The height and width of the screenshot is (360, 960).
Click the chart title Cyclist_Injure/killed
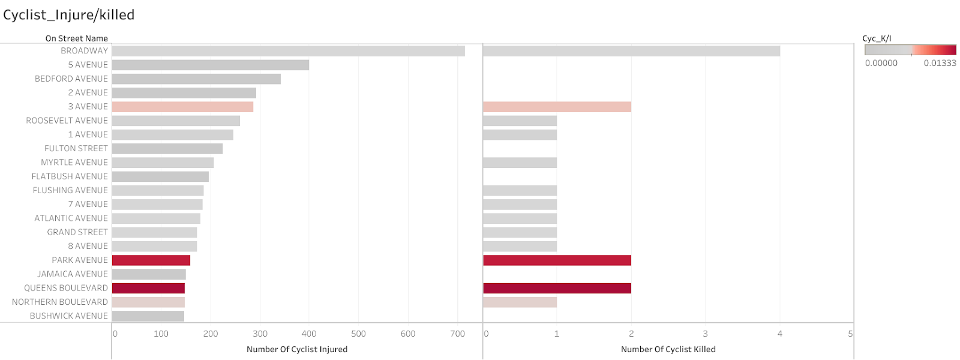pos(68,15)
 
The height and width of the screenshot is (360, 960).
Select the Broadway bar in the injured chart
pos(288,51)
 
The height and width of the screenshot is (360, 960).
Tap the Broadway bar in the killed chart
pos(631,51)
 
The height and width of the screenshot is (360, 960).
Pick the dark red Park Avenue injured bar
pos(151,260)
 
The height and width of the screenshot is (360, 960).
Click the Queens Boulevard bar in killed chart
pos(557,288)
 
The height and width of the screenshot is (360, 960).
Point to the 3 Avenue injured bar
pos(182,107)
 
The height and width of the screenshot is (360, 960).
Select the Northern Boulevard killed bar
pos(520,302)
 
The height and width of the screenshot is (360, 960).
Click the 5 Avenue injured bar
pos(210,65)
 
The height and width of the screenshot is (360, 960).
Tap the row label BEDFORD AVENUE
pos(71,79)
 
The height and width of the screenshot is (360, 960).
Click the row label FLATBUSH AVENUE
pos(70,176)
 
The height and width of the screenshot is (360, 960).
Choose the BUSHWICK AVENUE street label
pos(69,316)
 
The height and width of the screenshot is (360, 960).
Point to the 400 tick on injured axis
pos(309,334)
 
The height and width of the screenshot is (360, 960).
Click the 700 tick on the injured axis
pos(457,334)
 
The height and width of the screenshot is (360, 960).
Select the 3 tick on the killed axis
pos(705,334)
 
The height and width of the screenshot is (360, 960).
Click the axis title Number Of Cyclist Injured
pos(297,349)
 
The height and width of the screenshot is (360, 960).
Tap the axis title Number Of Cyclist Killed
pos(668,349)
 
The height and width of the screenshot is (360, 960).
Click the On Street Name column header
pos(77,38)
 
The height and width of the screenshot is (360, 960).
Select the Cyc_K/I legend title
pos(877,38)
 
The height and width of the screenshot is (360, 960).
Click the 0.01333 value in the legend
pos(940,63)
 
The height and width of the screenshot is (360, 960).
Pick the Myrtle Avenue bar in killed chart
pos(520,163)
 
